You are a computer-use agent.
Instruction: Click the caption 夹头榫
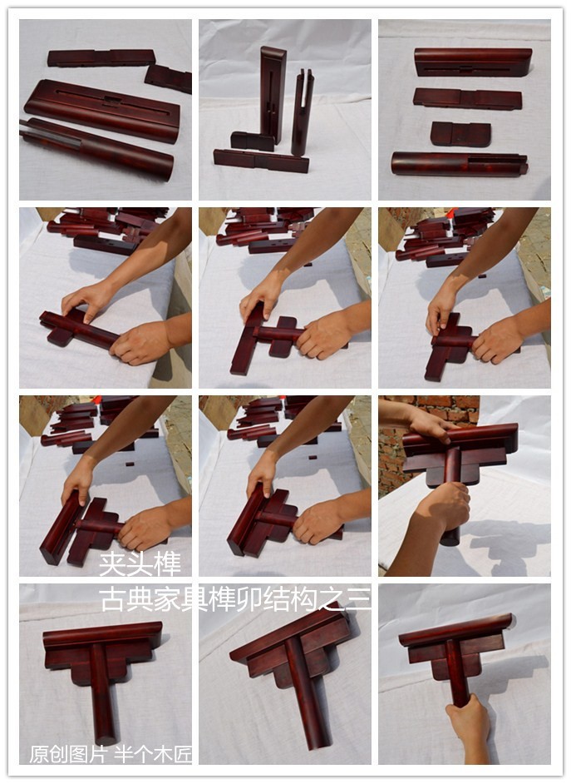pos(140,563)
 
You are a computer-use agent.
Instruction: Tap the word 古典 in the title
pos(126,599)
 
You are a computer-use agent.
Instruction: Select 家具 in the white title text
pos(180,599)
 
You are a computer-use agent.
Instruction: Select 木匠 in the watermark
pos(173,754)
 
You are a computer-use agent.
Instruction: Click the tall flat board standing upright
pos(273,94)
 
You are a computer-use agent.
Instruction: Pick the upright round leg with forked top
pos(302,112)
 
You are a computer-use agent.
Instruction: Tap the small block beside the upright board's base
pos(253,141)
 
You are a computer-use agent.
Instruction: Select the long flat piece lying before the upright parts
pos(261,161)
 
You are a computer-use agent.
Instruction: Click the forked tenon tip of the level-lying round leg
pos(522,164)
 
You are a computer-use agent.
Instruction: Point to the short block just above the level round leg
pos(460,134)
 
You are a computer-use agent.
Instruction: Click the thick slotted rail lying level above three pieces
pos(473,62)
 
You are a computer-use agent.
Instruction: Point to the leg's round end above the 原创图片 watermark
pos(106,739)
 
